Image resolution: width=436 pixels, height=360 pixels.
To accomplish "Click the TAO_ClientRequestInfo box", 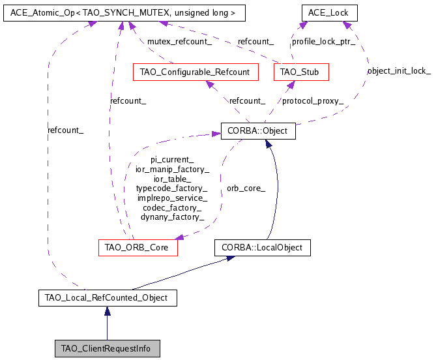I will (x=106, y=349).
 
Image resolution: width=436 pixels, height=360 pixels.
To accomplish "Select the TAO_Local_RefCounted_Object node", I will (x=106, y=298).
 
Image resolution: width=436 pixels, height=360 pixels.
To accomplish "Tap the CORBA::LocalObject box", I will (x=263, y=248).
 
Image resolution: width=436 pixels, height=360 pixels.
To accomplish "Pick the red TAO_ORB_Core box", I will (x=138, y=248).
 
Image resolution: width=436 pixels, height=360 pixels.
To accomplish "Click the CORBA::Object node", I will (x=258, y=130).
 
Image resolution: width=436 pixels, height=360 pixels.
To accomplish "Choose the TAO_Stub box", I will (x=301, y=72).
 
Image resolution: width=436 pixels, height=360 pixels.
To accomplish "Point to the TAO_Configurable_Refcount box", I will (x=195, y=72).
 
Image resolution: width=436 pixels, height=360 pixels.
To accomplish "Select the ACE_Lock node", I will (x=324, y=12).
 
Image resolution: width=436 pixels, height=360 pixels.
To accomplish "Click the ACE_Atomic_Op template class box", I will (x=115, y=12).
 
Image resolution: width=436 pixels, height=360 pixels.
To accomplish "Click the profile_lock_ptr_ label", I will (x=323, y=41).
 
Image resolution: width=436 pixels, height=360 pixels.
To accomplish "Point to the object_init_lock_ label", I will (x=399, y=70).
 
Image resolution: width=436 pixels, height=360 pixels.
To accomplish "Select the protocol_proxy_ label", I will (x=312, y=100).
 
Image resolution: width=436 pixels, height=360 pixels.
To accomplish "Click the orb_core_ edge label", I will (x=246, y=188).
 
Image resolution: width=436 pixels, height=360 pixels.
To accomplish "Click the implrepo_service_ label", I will (x=172, y=198).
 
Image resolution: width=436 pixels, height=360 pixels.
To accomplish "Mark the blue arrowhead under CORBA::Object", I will (x=267, y=144).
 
